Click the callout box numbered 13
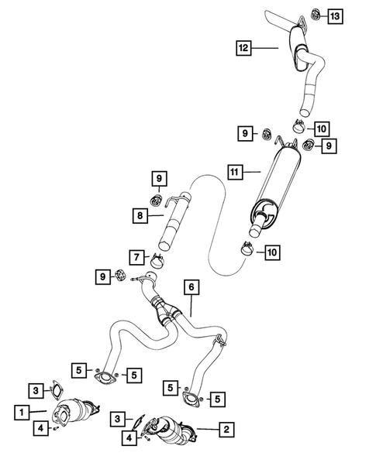click(x=333, y=15)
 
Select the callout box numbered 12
click(x=243, y=49)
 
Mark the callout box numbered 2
click(x=226, y=428)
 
